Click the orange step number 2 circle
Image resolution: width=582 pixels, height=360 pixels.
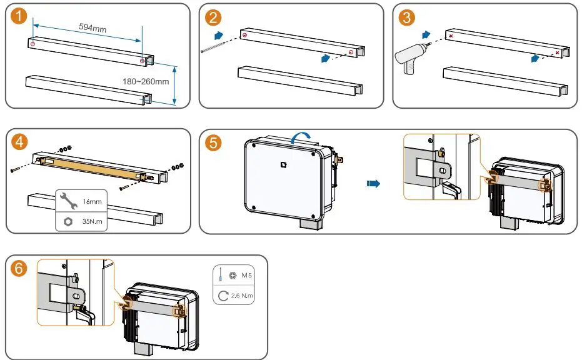click(215, 17)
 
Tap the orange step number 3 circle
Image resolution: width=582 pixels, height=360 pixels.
click(408, 17)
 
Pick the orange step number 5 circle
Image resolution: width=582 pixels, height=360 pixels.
click(214, 143)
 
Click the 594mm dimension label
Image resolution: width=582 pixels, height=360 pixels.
click(92, 27)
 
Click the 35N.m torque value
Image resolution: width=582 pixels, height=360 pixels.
click(93, 221)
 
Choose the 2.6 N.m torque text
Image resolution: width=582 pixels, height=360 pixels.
click(244, 293)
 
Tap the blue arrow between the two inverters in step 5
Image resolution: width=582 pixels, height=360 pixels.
click(373, 184)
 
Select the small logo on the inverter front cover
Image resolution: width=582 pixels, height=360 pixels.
click(283, 165)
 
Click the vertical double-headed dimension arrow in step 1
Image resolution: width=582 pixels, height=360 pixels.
click(174, 84)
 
